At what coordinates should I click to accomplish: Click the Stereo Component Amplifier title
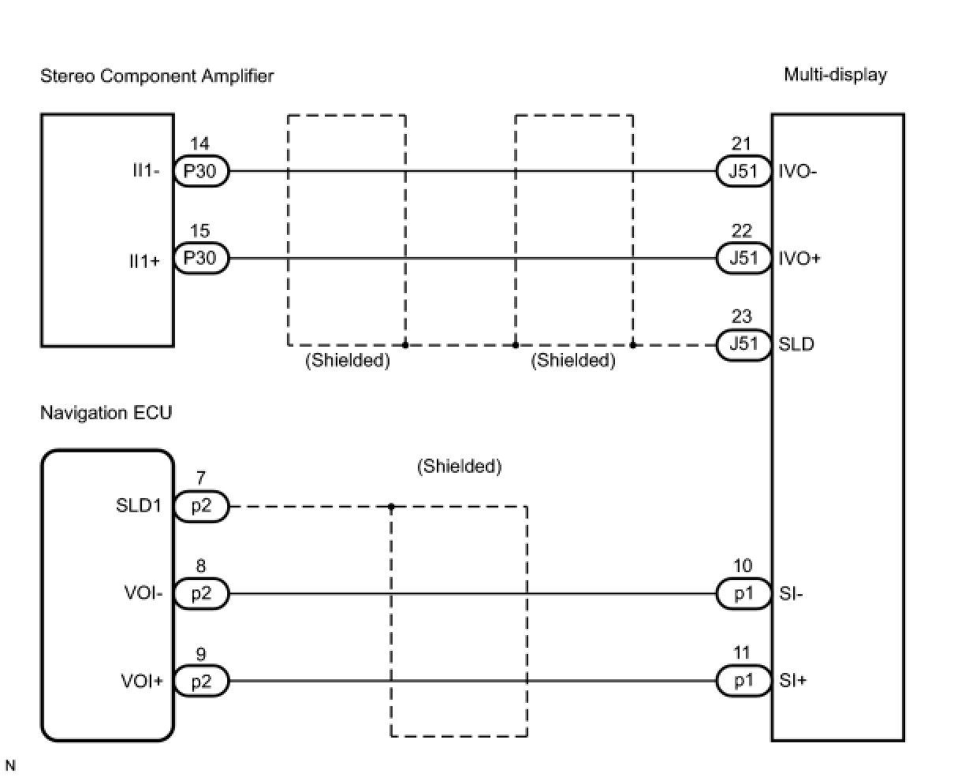[157, 76]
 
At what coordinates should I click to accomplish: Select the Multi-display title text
[835, 75]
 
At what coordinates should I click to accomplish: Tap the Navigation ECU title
[106, 413]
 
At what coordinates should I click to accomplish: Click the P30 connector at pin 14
[201, 171]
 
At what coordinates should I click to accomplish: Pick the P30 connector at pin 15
[201, 258]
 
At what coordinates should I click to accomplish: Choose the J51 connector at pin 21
[743, 171]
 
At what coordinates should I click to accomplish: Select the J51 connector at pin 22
[743, 258]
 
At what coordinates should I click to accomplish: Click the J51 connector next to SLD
[743, 345]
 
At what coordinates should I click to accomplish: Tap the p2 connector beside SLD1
[201, 506]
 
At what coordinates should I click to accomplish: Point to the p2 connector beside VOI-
[201, 593]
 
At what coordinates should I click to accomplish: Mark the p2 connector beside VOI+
[201, 681]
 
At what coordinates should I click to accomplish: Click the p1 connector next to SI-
[743, 593]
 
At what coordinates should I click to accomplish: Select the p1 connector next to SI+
[743, 681]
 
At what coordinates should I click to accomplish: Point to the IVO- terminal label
[797, 171]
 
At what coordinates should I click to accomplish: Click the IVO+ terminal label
[799, 258]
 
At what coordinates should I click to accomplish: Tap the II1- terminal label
[147, 171]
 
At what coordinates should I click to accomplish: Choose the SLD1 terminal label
[139, 506]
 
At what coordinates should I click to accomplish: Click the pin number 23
[742, 317]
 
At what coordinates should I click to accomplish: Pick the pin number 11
[742, 652]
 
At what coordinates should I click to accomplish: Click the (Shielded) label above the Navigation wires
[459, 467]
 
